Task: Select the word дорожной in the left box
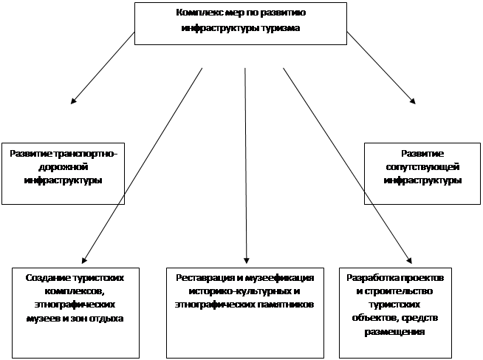[x=64, y=167]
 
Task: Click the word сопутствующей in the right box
[x=422, y=167]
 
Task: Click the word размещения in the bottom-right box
[x=394, y=332]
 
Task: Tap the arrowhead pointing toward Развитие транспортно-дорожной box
[x=73, y=101]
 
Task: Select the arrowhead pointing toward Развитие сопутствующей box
[x=413, y=101]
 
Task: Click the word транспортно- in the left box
[x=86, y=154]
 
